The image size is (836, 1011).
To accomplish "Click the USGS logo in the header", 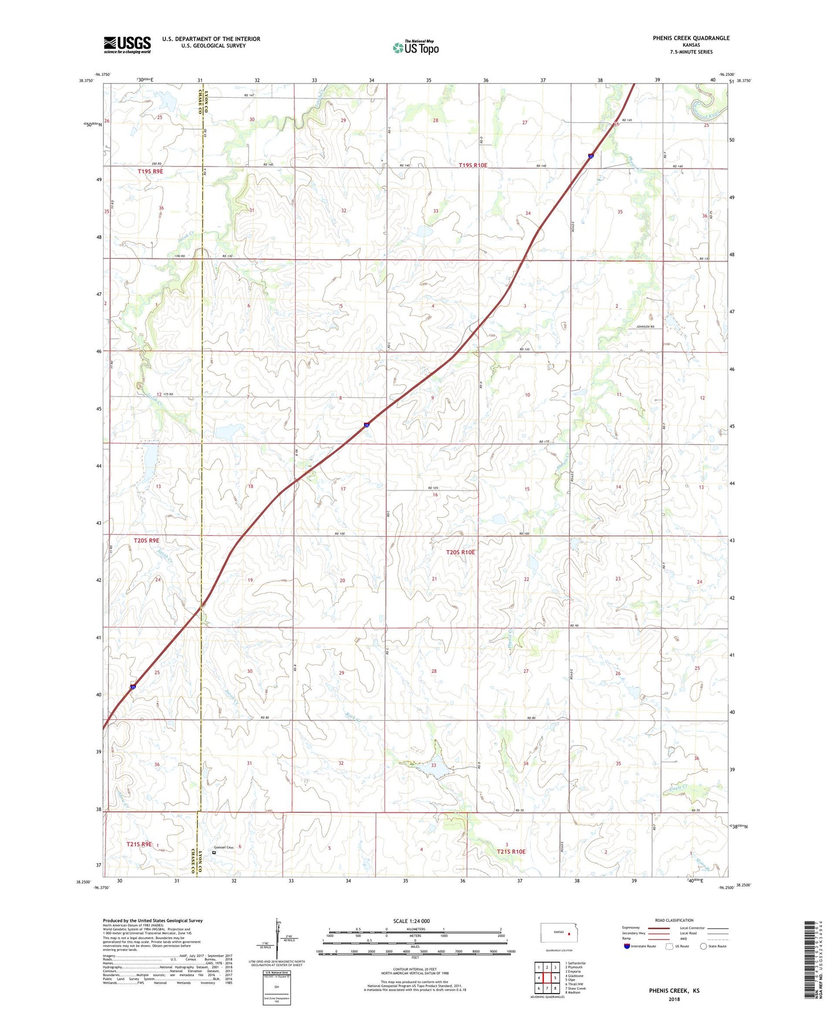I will click(x=127, y=45).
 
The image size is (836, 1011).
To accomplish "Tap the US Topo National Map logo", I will click(x=415, y=47).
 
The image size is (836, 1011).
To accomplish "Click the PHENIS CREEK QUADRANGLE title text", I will click(x=691, y=38).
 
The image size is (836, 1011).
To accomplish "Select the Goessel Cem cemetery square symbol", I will click(x=214, y=852).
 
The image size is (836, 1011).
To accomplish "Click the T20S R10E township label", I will click(x=461, y=552).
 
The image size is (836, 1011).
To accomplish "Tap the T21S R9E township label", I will click(x=139, y=844).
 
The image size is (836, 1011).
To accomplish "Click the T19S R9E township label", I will click(x=150, y=171).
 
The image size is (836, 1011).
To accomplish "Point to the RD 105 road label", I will click(x=433, y=488).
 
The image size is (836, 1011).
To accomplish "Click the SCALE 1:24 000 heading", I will click(x=411, y=921).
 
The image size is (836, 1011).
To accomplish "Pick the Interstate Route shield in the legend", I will click(x=627, y=946).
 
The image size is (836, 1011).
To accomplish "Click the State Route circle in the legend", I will click(x=704, y=946).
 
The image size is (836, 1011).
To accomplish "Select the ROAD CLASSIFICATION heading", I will click(x=674, y=920).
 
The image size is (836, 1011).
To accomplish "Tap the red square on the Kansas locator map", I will click(x=569, y=933).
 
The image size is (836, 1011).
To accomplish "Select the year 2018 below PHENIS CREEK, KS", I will click(x=674, y=999).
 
